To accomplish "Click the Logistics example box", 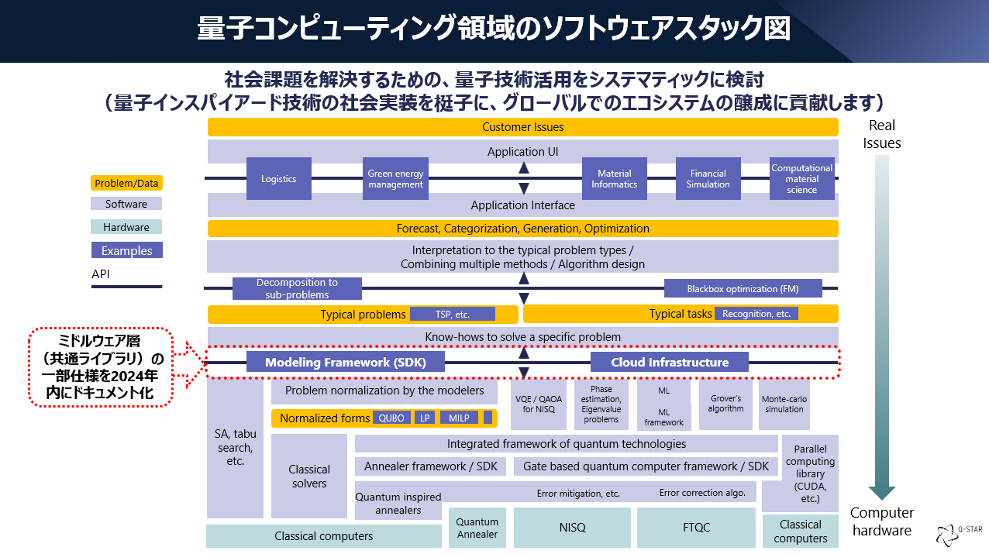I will (x=278, y=179).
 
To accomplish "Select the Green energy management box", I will (x=395, y=179).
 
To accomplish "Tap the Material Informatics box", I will (x=614, y=179).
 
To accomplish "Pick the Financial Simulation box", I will (x=708, y=179).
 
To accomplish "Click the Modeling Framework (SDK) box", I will (x=345, y=363).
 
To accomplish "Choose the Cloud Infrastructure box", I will (x=670, y=363).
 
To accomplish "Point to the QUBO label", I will (x=391, y=418).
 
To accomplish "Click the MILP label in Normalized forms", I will (x=459, y=418).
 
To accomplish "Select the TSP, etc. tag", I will (x=452, y=314).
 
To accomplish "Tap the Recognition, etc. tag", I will (x=756, y=314).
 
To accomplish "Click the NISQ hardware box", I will (x=572, y=528).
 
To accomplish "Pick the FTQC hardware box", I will (x=696, y=528).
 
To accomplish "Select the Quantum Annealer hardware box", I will (x=477, y=528).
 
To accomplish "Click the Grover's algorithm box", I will (x=725, y=404).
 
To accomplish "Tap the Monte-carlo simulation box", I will (x=784, y=404).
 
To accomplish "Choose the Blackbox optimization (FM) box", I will (x=743, y=289).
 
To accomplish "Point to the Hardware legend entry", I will (x=126, y=227).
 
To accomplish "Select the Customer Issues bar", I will (x=522, y=127).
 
